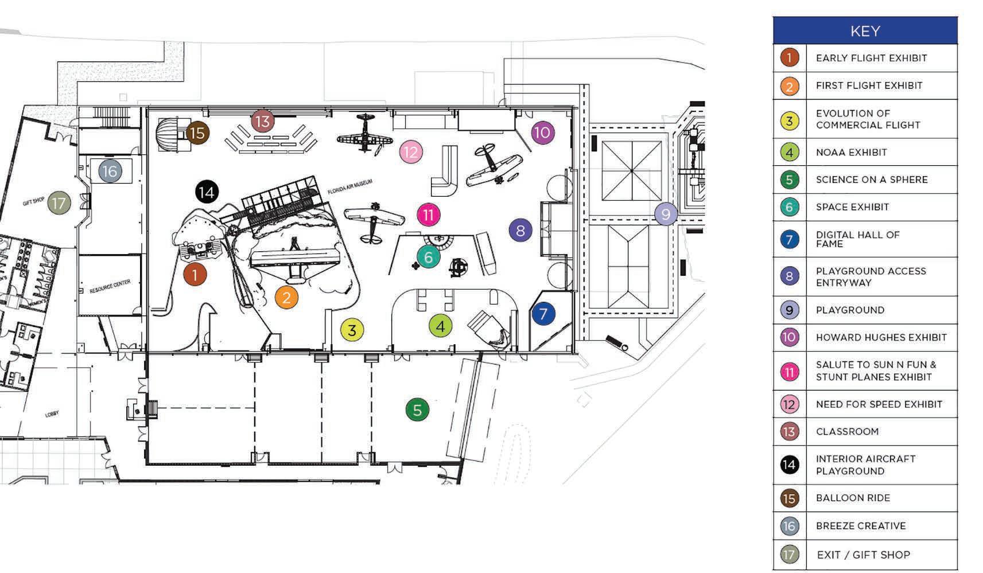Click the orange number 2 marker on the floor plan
coord(286,297)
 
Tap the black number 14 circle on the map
coord(207,192)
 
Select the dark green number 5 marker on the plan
coord(417,410)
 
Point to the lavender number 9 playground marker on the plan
coord(666,214)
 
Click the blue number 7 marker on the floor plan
coord(543,314)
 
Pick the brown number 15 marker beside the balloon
coord(197,133)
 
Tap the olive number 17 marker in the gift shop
coord(59,202)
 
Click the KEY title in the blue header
coord(865,31)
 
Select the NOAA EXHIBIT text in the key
coord(851,152)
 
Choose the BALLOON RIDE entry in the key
coord(853,498)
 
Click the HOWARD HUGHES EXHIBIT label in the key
coord(881,337)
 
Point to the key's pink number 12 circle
coord(790,404)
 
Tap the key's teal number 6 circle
coord(790,207)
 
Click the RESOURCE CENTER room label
coord(110,287)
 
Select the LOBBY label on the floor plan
coord(52,414)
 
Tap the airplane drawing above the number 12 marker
coord(365,134)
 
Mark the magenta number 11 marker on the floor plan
coord(428,215)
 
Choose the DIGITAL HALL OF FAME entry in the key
coord(857,239)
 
